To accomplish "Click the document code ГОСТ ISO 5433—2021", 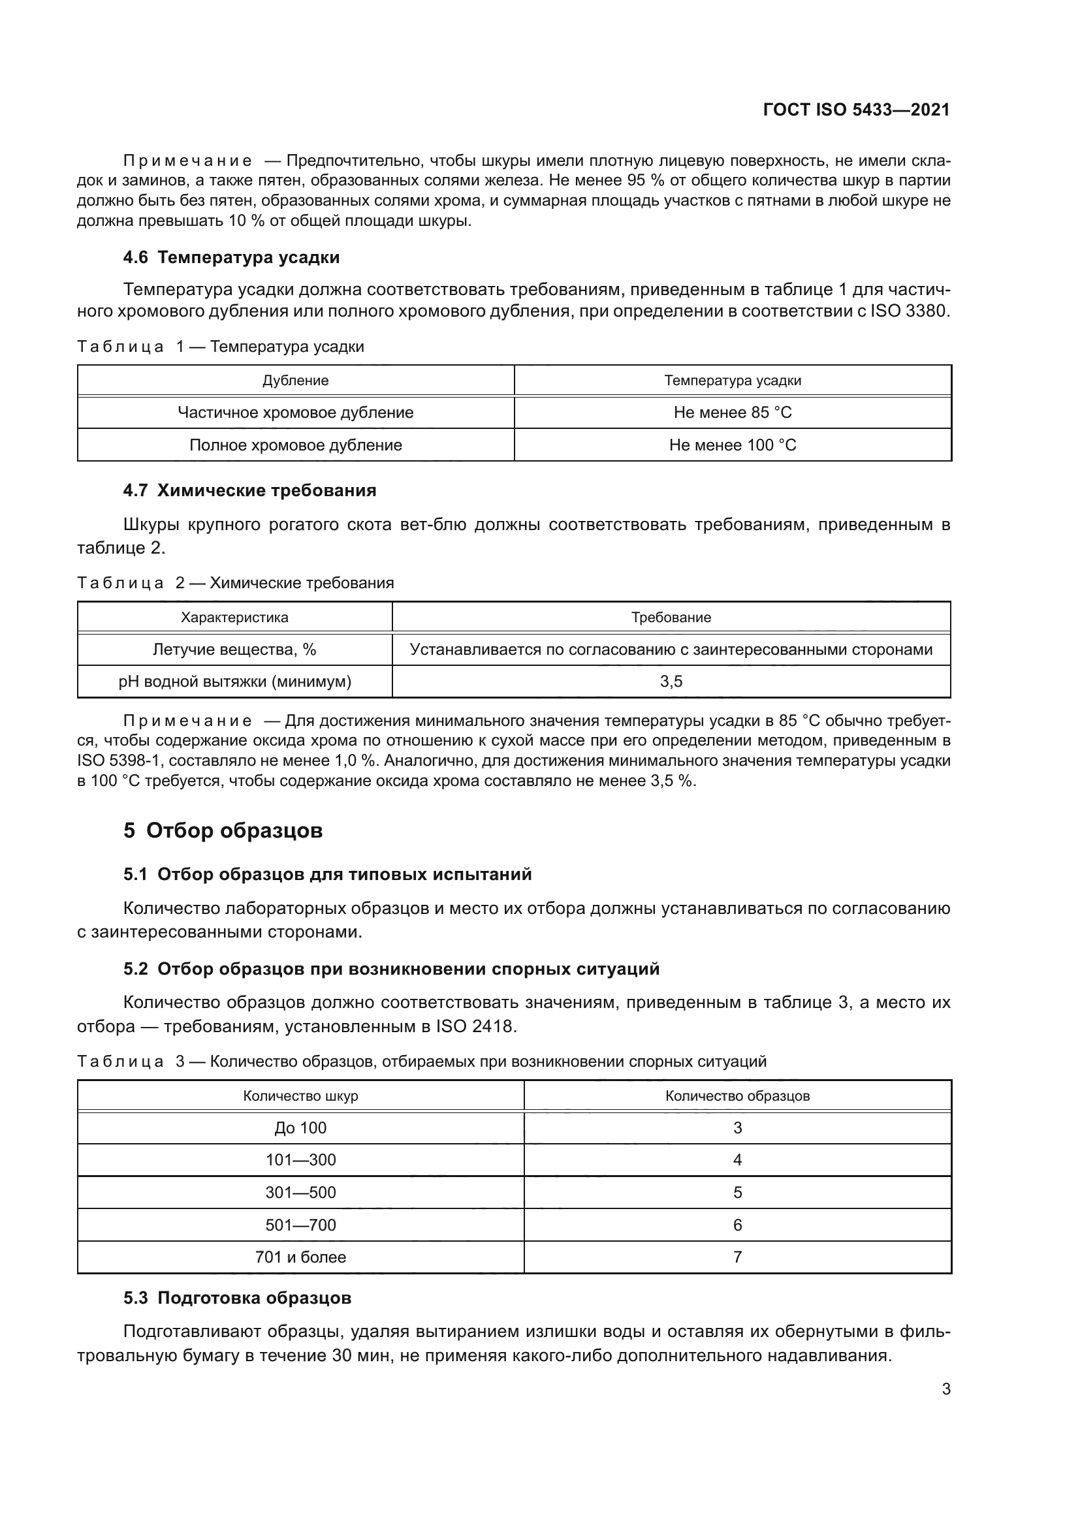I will (x=856, y=110).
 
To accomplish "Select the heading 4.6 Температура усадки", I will (x=231, y=257).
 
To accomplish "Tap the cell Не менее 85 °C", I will (x=732, y=413).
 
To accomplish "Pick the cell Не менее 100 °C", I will (x=732, y=445).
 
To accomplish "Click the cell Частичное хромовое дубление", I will (x=295, y=413).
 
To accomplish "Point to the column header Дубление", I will (x=295, y=381).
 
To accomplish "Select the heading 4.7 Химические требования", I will (x=249, y=490).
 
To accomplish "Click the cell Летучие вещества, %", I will (x=234, y=649).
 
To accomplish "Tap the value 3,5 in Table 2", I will (x=671, y=682).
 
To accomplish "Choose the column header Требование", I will (x=671, y=617).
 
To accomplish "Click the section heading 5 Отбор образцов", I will (x=223, y=830).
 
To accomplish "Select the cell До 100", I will (x=300, y=1128).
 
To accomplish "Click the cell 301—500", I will (x=300, y=1193).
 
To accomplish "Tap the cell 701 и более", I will (x=300, y=1257).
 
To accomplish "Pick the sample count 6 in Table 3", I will (x=737, y=1225).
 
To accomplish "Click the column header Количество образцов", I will (x=737, y=1096).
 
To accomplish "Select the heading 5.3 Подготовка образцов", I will (x=238, y=1298).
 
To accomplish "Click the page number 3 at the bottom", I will (x=945, y=1389).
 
